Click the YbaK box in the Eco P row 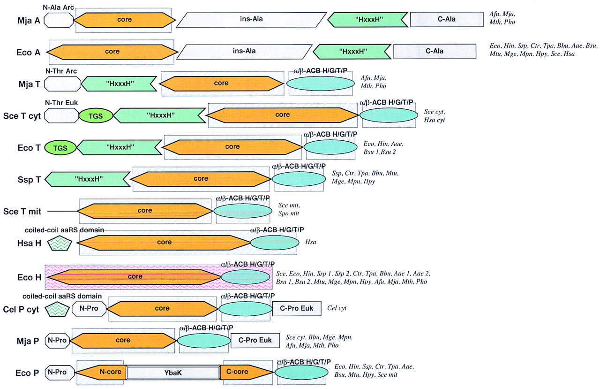click(173, 373)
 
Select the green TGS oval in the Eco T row click(60, 147)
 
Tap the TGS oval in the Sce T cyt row click(95, 115)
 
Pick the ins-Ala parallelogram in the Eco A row click(245, 51)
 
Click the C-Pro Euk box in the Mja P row click(255, 340)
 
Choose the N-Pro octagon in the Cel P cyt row click(90, 309)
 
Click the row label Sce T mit click(22, 212)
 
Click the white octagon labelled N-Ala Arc click(60, 20)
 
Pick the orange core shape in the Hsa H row click(164, 243)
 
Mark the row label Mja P click(29, 340)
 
